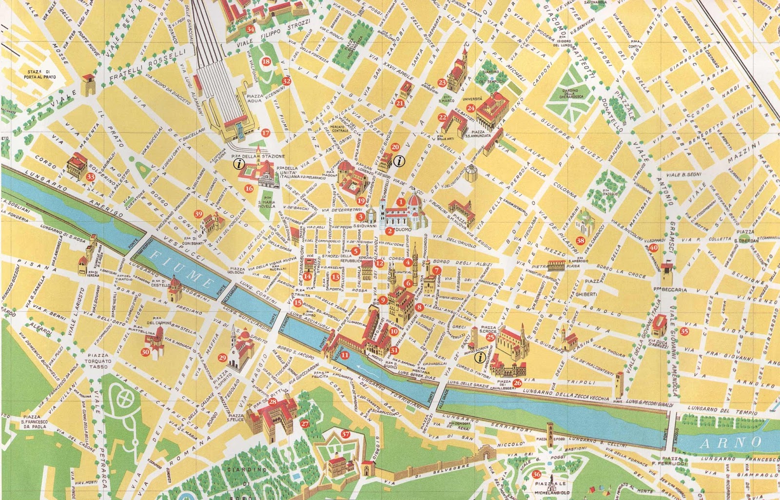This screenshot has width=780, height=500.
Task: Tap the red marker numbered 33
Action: [x=90, y=177]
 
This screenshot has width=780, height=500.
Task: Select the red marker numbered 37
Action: [x=346, y=434]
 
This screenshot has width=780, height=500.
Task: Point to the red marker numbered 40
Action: [x=654, y=248]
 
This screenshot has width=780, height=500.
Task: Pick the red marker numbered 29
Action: [x=223, y=358]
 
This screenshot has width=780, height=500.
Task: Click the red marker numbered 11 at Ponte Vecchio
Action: [x=345, y=355]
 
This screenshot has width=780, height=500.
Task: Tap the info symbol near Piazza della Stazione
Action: [x=238, y=164]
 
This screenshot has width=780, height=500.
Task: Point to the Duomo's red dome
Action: [x=415, y=200]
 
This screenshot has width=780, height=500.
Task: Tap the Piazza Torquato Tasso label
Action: [x=97, y=361]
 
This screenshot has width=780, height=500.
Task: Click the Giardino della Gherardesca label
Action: [x=569, y=96]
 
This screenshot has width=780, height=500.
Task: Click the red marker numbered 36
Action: [x=536, y=474]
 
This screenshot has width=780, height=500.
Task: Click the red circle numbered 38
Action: [x=580, y=240]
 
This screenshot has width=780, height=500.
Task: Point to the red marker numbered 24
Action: [x=470, y=108]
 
